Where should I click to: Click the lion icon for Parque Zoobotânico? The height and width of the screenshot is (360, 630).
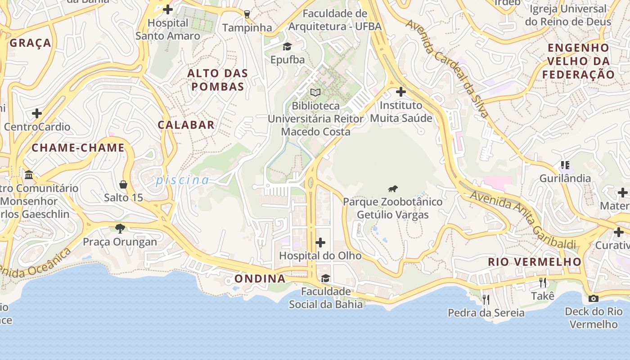393,189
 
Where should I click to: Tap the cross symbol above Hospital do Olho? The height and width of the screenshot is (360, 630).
320,243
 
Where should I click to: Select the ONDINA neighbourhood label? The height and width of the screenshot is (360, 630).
260,279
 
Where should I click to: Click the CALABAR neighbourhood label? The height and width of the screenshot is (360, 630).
186,125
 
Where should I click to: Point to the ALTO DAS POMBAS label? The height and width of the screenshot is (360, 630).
218,80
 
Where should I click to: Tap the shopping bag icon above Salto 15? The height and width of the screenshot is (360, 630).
123,184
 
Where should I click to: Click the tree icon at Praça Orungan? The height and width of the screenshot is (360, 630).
120,229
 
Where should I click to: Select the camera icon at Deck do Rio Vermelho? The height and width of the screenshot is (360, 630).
594,298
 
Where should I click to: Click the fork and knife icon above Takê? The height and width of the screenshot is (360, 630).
543,283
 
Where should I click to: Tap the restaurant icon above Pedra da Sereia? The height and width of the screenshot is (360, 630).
486,299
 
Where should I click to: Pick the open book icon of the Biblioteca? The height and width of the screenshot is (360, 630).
315,93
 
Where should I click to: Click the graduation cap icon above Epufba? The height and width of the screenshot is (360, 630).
287,46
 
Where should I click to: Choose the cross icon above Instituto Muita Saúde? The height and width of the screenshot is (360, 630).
400,92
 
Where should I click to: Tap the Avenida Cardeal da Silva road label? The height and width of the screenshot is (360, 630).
447,67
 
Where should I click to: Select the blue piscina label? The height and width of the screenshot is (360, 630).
182,180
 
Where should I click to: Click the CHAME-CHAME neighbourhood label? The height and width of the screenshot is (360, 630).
78,148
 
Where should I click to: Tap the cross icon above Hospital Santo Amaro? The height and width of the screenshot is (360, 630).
168,9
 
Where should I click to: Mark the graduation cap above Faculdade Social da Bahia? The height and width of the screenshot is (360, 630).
325,278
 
